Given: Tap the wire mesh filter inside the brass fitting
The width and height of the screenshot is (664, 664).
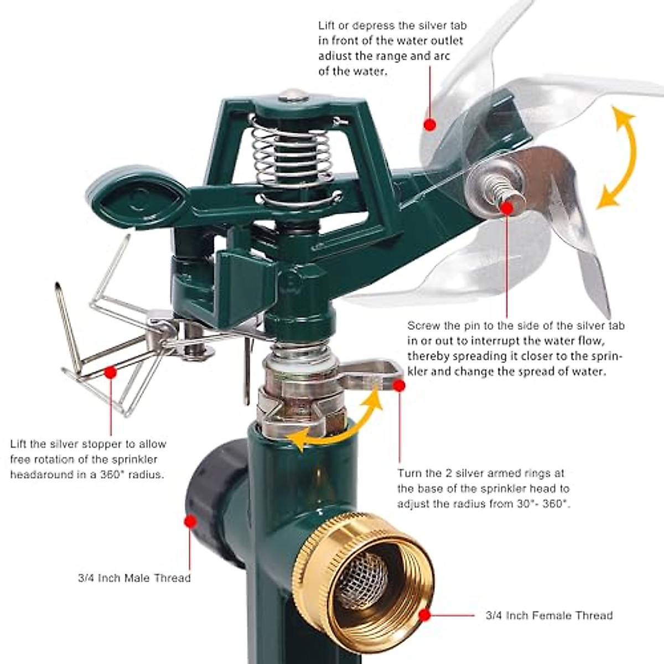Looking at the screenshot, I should [362, 581].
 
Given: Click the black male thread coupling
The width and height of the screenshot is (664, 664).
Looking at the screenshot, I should [213, 498].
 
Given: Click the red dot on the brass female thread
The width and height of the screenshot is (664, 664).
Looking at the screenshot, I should [424, 614].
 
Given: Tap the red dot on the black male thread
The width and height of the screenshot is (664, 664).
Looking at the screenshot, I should [190, 521].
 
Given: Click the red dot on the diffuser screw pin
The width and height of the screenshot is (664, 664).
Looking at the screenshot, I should [507, 207].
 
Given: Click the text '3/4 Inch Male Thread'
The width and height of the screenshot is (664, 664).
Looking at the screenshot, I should [134, 578].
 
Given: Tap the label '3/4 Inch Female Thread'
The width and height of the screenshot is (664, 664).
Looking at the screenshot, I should [549, 615].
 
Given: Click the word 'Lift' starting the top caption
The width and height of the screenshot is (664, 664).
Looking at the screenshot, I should [327, 25].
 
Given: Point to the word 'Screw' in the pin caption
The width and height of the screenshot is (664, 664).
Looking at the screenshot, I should [422, 326].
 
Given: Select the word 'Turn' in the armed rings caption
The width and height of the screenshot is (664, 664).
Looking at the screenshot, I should [410, 474].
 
